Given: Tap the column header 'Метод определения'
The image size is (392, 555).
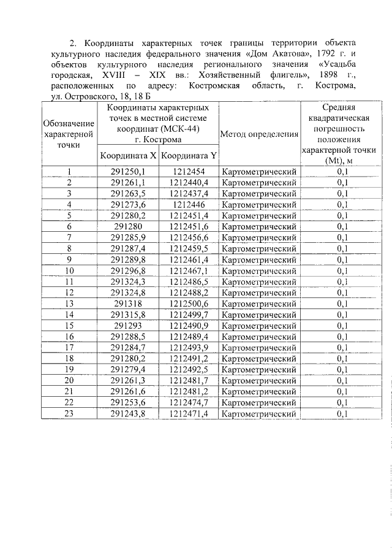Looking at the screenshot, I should (x=259, y=134).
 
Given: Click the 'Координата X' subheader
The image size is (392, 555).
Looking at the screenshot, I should (x=128, y=156).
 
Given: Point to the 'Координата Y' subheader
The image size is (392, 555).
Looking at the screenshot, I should (x=189, y=156).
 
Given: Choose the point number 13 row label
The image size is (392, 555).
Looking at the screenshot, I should (x=69, y=304).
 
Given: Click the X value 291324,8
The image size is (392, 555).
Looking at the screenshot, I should (x=128, y=293).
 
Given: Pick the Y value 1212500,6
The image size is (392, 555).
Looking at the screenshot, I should (x=189, y=304).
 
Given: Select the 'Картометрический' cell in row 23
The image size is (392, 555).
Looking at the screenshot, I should (x=259, y=414).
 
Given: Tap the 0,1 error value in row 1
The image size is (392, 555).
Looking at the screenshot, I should (x=342, y=172).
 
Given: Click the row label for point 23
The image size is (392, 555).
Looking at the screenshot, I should (x=69, y=414).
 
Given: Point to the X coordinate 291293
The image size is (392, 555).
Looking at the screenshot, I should (x=128, y=326).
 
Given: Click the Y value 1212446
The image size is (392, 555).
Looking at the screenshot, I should (x=189, y=205).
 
